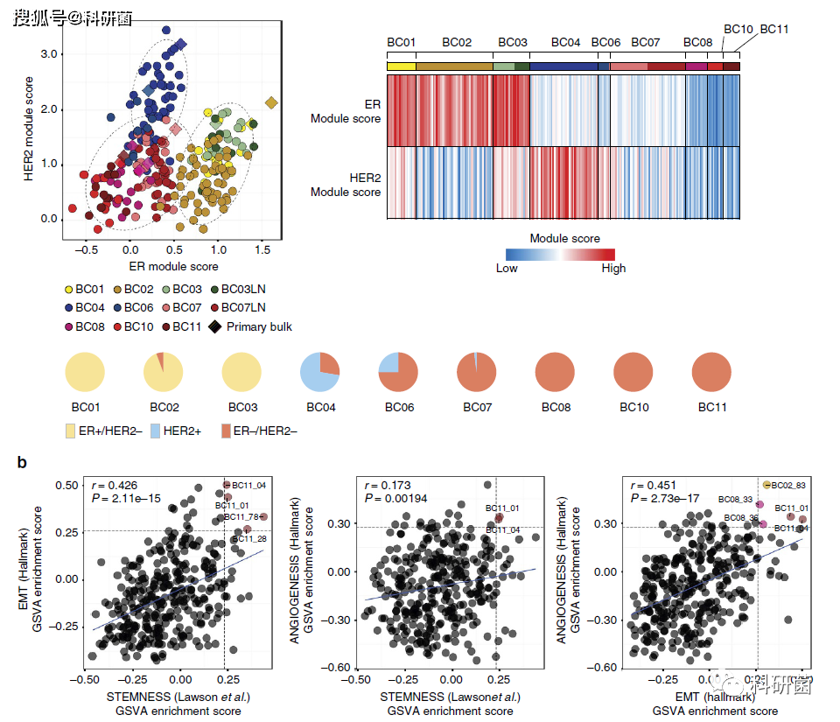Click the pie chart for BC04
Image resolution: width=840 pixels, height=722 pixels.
pyautogui.click(x=321, y=373)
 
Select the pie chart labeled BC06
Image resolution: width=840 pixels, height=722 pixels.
pyautogui.click(x=400, y=373)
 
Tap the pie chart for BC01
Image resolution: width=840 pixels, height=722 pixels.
pyautogui.click(x=86, y=373)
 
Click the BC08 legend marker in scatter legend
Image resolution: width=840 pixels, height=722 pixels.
pyautogui.click(x=67, y=326)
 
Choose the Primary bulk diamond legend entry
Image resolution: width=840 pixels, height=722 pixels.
pyautogui.click(x=213, y=326)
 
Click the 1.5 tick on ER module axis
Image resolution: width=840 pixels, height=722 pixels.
pyautogui.click(x=262, y=249)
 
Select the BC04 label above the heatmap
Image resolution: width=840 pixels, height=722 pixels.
pyautogui.click(x=565, y=42)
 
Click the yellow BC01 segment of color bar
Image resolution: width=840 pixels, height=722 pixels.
pyautogui.click(x=401, y=67)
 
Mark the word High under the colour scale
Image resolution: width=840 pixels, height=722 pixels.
pyautogui.click(x=613, y=268)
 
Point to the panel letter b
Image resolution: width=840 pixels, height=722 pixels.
pyautogui.click(x=23, y=461)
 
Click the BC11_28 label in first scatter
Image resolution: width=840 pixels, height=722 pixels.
pyautogui.click(x=246, y=539)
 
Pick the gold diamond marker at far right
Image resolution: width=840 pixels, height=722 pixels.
pyautogui.click(x=271, y=104)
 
